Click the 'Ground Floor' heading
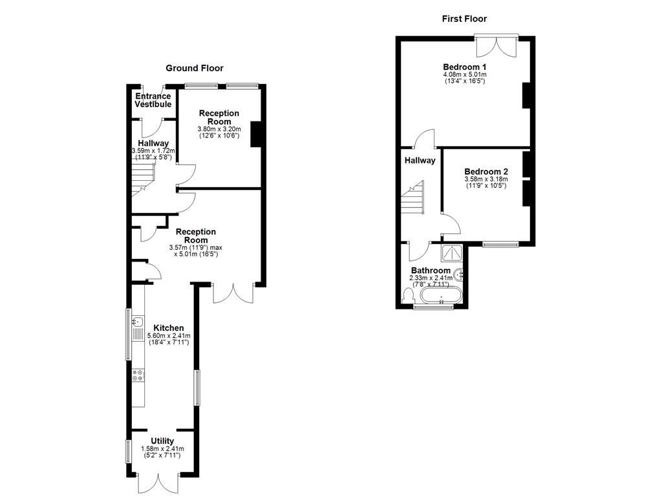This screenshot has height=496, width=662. (195, 68)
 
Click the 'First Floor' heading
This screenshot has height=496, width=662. (464, 19)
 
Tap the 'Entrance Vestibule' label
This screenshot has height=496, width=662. (153, 100)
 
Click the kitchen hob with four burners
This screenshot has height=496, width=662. (138, 375)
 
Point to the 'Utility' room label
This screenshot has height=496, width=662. (162, 441)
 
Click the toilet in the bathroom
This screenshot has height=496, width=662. (408, 295)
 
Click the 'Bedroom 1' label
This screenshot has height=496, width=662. (464, 67)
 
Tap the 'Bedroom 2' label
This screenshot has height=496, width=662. (486, 171)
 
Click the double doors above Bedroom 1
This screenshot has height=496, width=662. (496, 45)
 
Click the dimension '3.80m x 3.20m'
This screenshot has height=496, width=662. (219, 129)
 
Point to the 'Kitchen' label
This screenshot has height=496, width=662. (168, 328)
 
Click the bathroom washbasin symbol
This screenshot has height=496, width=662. (460, 274)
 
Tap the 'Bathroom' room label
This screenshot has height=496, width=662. (431, 271)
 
